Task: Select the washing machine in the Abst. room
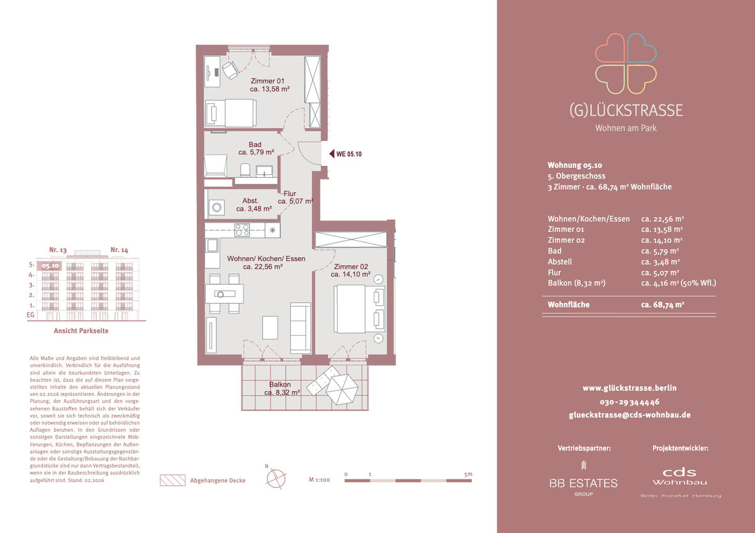pyautogui.click(x=216, y=207)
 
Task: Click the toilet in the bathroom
pyautogui.click(x=245, y=170)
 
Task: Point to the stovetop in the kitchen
pyautogui.click(x=242, y=230)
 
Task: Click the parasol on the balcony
pyautogui.click(x=342, y=389)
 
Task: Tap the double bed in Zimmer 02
pyautogui.click(x=359, y=309)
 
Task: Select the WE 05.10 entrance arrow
pyautogui.click(x=332, y=154)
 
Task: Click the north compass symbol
pyautogui.click(x=276, y=478)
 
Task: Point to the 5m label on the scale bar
pyautogui.click(x=468, y=474)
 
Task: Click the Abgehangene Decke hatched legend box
pyautogui.click(x=172, y=480)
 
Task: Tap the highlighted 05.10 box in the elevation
pyautogui.click(x=50, y=266)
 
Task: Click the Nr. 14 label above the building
pyautogui.click(x=120, y=250)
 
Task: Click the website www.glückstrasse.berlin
pyautogui.click(x=629, y=388)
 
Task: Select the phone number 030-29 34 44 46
pyautogui.click(x=629, y=402)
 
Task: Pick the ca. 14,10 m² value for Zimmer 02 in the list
pyautogui.click(x=662, y=240)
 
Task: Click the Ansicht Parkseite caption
pyautogui.click(x=81, y=331)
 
